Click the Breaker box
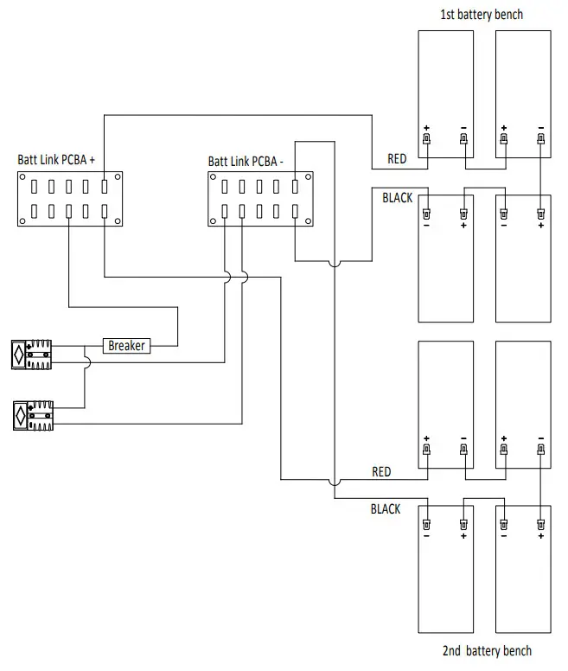[x=127, y=346]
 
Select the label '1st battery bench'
[x=482, y=15]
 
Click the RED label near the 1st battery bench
[x=398, y=160]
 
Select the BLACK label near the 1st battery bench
[x=397, y=198]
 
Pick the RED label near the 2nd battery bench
[x=381, y=472]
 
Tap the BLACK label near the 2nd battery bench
[x=386, y=509]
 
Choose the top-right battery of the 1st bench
[x=522, y=94]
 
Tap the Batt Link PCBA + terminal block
[x=68, y=198]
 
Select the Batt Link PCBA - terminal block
[x=259, y=198]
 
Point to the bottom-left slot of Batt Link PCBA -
[x=225, y=211]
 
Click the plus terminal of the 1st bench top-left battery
[x=426, y=138]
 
